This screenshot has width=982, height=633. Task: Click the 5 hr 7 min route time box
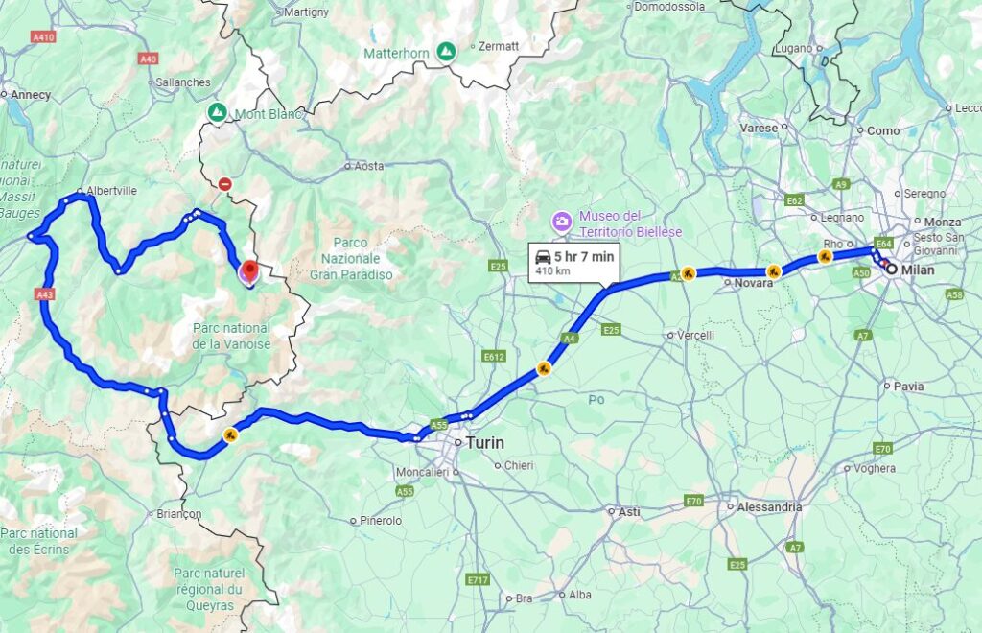pyautogui.click(x=573, y=262)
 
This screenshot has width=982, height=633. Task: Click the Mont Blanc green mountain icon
pyautogui.click(x=218, y=113)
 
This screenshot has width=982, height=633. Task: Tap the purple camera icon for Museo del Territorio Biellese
pyautogui.click(x=561, y=223)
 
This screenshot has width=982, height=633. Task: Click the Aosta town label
pyautogui.click(x=369, y=166)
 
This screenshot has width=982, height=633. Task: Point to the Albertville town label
pyautogui.click(x=111, y=191)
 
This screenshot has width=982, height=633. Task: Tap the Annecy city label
pyautogui.click(x=31, y=94)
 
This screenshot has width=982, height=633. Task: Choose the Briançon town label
pyautogui.click(x=178, y=513)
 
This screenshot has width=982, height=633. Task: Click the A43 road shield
pyautogui.click(x=44, y=295)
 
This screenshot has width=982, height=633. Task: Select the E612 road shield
pyautogui.click(x=493, y=356)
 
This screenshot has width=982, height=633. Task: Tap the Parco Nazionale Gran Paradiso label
pyautogui.click(x=350, y=259)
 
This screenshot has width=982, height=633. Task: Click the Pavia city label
pyautogui.click(x=908, y=387)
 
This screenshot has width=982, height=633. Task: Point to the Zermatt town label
pyautogui.click(x=499, y=45)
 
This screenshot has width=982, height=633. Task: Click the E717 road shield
pyautogui.click(x=476, y=580)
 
